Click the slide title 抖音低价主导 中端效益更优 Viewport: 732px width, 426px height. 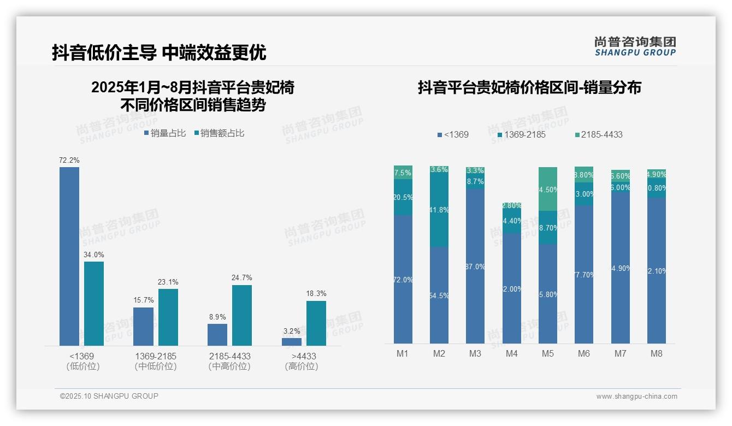159,52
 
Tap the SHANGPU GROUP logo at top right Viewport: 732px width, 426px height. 635,46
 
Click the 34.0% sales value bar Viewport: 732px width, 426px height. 94,303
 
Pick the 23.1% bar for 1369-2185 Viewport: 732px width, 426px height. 168,317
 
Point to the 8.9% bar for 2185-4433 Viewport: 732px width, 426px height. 217,334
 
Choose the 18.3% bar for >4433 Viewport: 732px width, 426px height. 316,323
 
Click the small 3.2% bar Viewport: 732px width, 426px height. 292,341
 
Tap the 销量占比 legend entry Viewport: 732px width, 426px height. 165,133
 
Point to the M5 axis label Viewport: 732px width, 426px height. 548,354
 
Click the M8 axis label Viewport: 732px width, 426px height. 656,354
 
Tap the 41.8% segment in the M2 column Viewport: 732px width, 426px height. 439,210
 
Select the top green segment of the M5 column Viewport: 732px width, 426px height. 548,189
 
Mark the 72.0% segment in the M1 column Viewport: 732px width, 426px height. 403,279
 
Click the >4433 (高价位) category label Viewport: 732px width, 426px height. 301,361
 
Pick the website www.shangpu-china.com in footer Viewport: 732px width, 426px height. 636,397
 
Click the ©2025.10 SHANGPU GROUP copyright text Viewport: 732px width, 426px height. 109,397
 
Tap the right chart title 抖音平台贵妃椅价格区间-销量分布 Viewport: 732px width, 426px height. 529,87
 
